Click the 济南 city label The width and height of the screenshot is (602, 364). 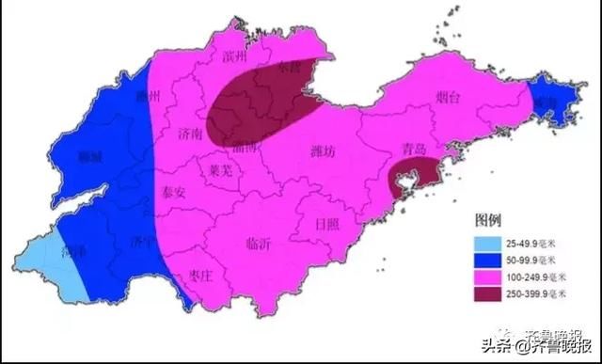(190, 135)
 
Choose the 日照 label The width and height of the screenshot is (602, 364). (326, 224)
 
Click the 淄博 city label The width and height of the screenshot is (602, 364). (249, 147)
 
